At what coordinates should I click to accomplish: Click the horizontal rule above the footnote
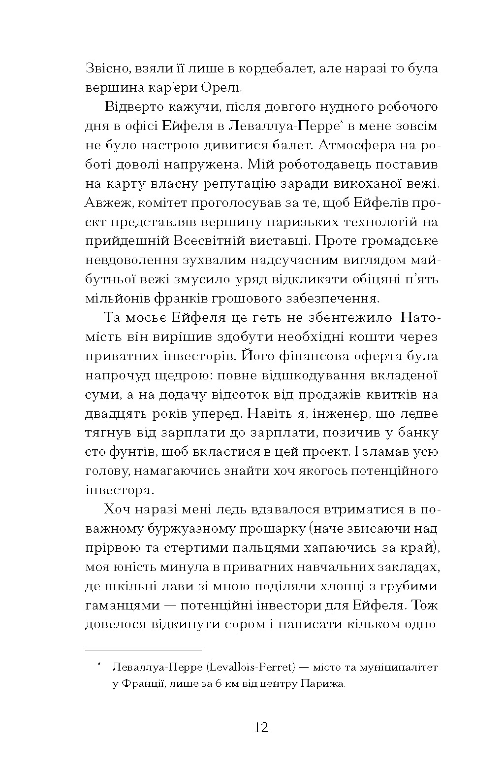coord(143,650)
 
